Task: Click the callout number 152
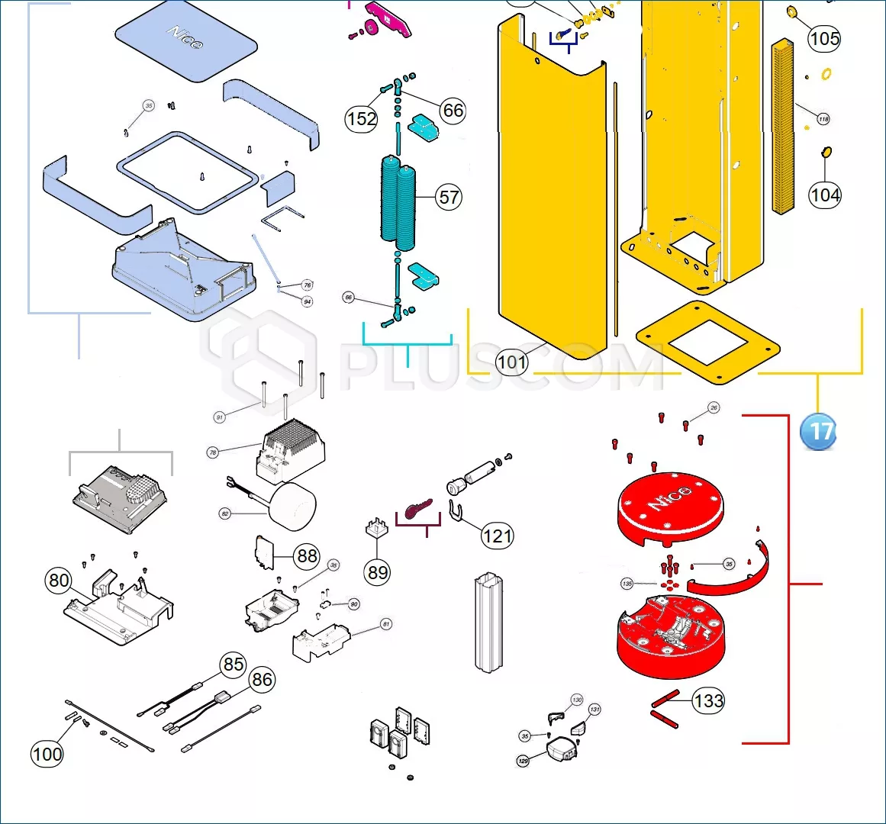coord(361,119)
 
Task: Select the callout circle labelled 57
coord(449,198)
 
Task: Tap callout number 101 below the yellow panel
coord(511,362)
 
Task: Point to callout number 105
coord(824,39)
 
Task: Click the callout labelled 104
coord(825,195)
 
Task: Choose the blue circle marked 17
coord(818,432)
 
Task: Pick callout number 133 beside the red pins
coord(708,700)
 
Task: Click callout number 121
coord(497,536)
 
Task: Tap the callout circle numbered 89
coord(377,572)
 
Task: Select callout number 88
coord(307,555)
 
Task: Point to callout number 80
coord(59,581)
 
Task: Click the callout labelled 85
coord(234,665)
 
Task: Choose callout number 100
coord(47,755)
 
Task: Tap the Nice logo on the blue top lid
coord(185,37)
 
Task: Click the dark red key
coord(418,510)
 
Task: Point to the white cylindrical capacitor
coord(293,507)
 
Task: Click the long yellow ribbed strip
coord(783,126)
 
